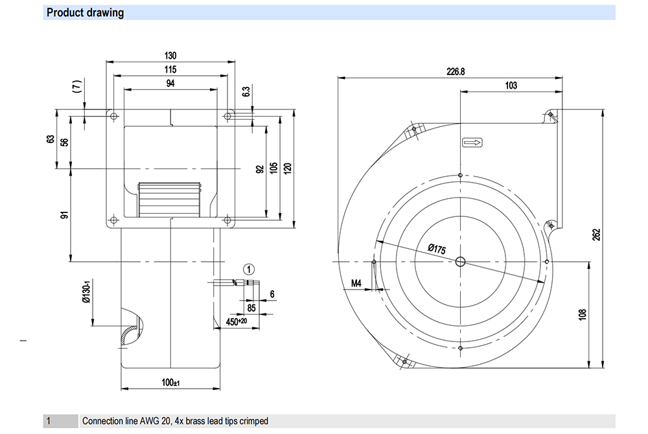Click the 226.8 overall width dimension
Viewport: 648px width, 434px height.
point(456,71)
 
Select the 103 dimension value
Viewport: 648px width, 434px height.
point(511,86)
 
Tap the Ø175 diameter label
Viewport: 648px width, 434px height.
point(437,249)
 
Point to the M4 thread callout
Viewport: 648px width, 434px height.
point(356,283)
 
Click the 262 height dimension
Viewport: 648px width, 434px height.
point(596,234)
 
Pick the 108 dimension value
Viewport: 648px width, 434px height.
point(583,315)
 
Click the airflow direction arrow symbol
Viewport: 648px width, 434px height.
point(472,143)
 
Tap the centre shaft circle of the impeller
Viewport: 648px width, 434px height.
point(460,262)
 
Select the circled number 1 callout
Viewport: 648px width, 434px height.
point(249,269)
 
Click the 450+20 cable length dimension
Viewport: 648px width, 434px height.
point(237,321)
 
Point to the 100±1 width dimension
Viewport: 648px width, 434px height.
point(170,382)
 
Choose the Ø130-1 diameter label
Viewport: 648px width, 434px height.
point(87,293)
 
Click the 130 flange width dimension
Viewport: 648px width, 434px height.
point(170,55)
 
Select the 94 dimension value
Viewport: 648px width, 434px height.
point(170,84)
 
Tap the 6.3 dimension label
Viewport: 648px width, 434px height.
point(246,92)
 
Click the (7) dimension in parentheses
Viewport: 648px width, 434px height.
point(77,86)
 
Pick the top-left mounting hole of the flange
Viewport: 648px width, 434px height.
point(114,117)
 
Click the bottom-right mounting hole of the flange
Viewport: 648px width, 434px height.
point(227,220)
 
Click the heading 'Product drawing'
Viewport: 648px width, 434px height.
point(85,13)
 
